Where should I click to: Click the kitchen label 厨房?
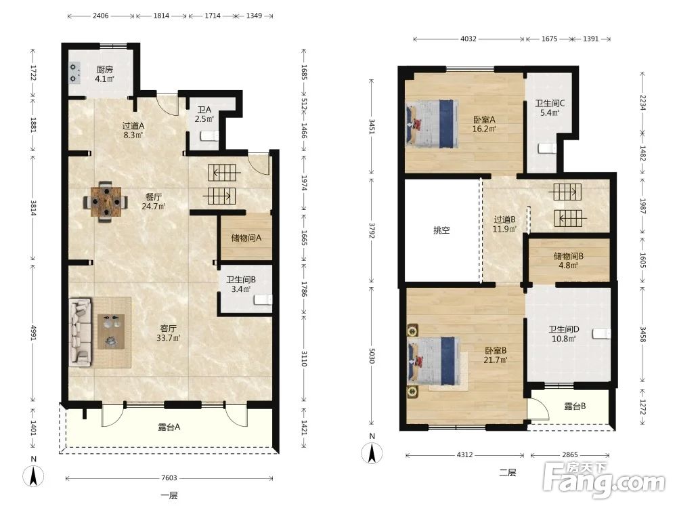[x=104, y=69]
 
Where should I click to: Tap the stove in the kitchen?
[x=75, y=73]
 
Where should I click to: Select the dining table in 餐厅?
[x=106, y=201]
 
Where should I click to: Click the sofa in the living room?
[x=81, y=332]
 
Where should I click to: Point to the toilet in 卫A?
[x=209, y=137]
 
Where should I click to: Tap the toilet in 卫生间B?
[x=263, y=299]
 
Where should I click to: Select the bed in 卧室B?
[x=433, y=361]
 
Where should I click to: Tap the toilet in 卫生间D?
[x=602, y=333]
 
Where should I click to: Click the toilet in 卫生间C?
[x=547, y=148]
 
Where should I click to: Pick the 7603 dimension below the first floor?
[x=169, y=478]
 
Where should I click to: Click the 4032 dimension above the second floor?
[x=468, y=39]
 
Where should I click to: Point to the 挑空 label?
[x=441, y=230]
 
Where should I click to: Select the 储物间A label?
[x=246, y=238]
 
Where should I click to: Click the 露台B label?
[x=575, y=406]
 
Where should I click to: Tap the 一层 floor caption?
[x=169, y=496]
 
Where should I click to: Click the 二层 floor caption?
[x=507, y=473]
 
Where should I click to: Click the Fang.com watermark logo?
[x=604, y=480]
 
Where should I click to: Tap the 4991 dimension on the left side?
[x=33, y=331]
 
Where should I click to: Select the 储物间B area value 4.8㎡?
[x=568, y=266]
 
